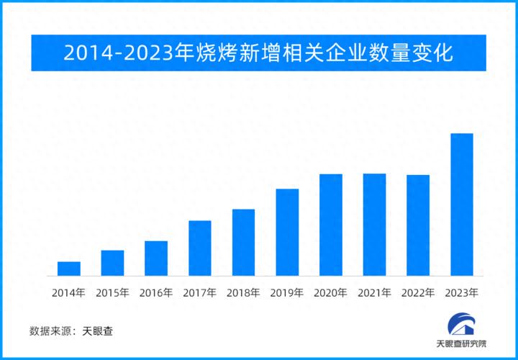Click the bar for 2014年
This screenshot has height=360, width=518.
pyautogui.click(x=69, y=269)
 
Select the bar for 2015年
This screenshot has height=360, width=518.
pyautogui.click(x=112, y=263)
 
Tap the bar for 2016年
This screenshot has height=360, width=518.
pyautogui.click(x=156, y=258)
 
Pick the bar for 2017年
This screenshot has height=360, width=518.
pyautogui.click(x=200, y=248)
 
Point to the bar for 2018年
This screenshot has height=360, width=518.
pyautogui.click(x=243, y=243)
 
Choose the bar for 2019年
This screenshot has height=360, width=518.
pyautogui.click(x=287, y=233)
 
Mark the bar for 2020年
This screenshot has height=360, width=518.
pyautogui.click(x=331, y=225)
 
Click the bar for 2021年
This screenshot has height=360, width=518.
pyautogui.click(x=374, y=225)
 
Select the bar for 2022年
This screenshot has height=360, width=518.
pyautogui.click(x=418, y=225)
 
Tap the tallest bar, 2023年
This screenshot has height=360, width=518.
pyautogui.click(x=461, y=205)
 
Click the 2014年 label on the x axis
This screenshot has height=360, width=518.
pyautogui.click(x=69, y=293)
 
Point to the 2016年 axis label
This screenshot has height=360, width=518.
pyautogui.click(x=156, y=293)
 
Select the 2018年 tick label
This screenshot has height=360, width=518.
pyautogui.click(x=243, y=293)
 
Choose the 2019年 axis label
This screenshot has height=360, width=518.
pyautogui.click(x=287, y=293)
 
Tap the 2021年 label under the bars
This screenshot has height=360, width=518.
pyautogui.click(x=374, y=293)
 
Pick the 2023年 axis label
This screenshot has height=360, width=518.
pyautogui.click(x=461, y=293)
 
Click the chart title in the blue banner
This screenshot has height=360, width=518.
pyautogui.click(x=258, y=53)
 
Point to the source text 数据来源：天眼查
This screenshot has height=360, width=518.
pyautogui.click(x=71, y=331)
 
